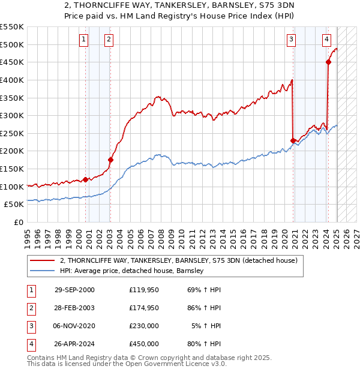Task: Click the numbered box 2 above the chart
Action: point(109,40)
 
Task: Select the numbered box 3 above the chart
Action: point(291,40)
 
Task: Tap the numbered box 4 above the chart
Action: point(326,40)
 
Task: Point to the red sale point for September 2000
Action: point(85,179)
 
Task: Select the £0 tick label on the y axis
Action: point(19,222)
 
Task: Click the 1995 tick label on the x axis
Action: point(28,236)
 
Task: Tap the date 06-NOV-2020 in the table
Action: point(74,327)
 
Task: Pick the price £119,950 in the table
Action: point(143,290)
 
